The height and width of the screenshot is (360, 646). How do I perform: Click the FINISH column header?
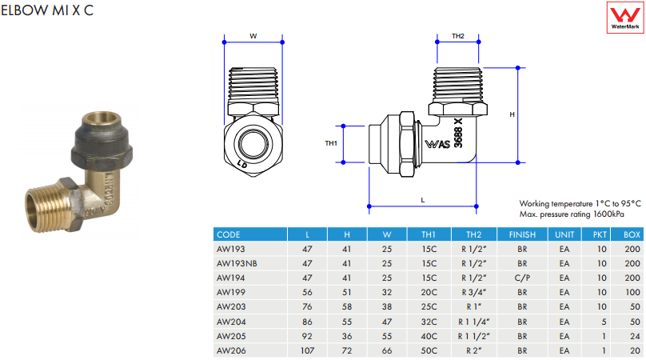coord(522,234)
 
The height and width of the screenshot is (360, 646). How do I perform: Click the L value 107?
coord(308,350)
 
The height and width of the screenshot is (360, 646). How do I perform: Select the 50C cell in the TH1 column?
coord(429,350)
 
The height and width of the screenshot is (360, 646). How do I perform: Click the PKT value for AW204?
coord(600,321)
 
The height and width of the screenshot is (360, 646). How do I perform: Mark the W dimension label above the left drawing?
coord(253,36)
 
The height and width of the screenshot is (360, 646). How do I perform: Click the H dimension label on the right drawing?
coord(512,114)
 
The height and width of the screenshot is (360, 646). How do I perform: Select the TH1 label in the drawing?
coord(331,143)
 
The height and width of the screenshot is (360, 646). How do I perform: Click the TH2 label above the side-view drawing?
coord(458,36)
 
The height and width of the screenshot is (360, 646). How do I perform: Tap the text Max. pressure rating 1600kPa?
coord(571,214)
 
